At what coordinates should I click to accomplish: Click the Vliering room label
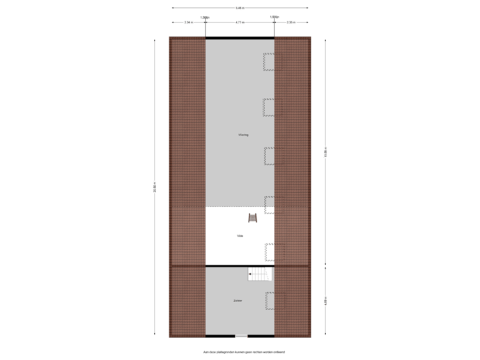coord(243,135)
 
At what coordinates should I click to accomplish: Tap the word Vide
coord(240,236)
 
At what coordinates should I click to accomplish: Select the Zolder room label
coord(238,301)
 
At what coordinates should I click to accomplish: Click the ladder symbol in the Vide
coord(253,217)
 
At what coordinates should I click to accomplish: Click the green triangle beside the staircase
coord(271,273)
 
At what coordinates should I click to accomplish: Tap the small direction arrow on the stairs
coord(251,273)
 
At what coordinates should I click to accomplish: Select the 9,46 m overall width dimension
coord(239,8)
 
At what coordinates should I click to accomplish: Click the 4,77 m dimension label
coord(239,22)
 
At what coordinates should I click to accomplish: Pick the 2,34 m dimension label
coord(189,22)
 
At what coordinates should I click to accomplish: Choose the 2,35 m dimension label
coord(291,22)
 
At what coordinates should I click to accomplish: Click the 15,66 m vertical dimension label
coord(325,152)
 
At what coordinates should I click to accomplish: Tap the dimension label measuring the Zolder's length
coord(325,301)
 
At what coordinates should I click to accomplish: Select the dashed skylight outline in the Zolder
coord(273,300)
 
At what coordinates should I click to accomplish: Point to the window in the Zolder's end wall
coord(240,336)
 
